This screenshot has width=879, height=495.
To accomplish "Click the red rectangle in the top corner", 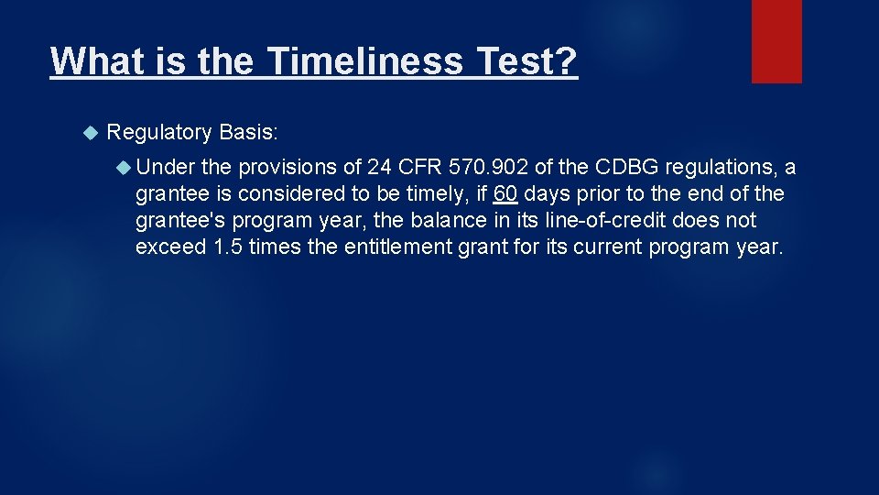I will [776, 41].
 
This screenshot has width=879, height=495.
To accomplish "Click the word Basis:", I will [249, 133].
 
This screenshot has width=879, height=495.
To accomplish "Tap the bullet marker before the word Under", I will [125, 168].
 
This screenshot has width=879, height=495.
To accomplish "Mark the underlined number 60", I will [505, 194].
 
